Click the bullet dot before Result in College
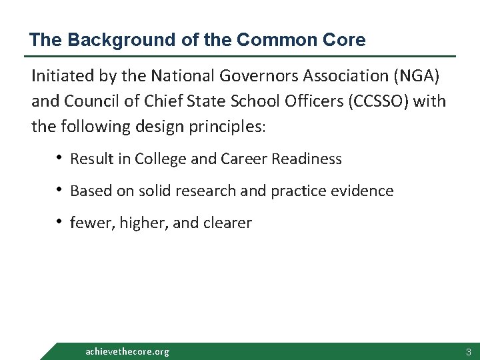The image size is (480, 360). (x=59, y=158)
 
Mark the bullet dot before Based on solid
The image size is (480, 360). (x=59, y=190)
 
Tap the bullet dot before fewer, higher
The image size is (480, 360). (x=59, y=222)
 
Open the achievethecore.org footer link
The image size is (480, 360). (x=127, y=351)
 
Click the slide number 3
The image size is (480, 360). (x=469, y=351)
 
